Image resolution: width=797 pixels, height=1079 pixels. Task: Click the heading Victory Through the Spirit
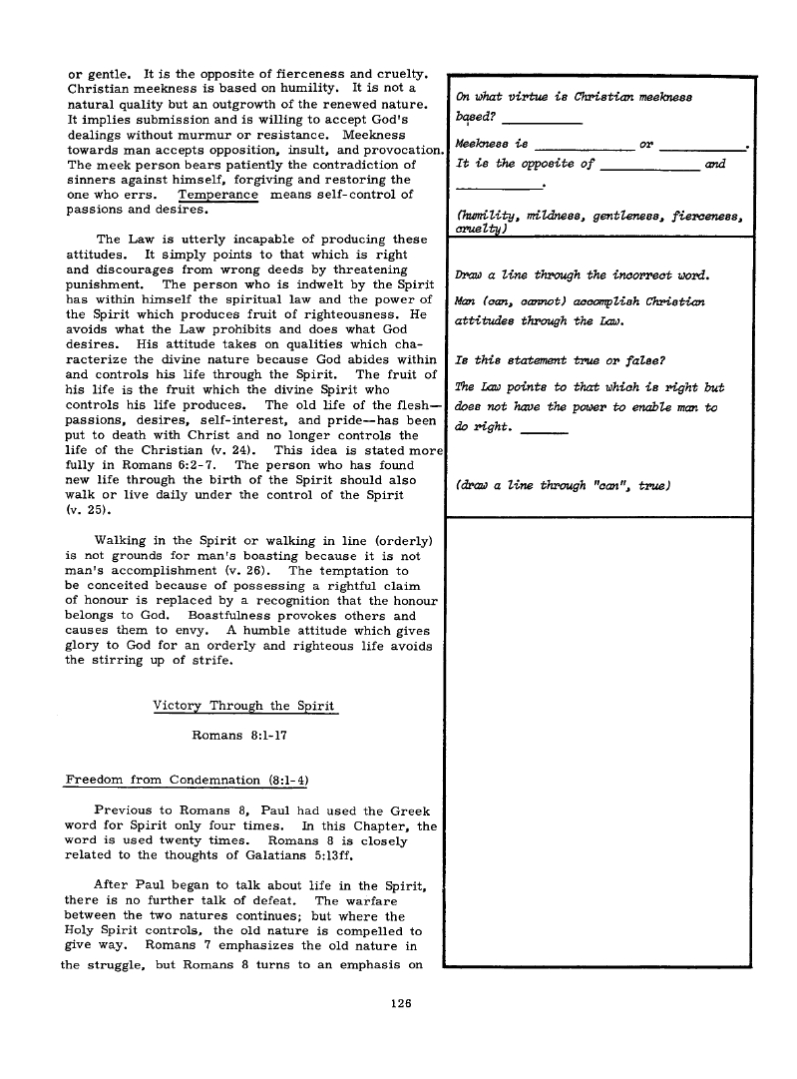pos(245,707)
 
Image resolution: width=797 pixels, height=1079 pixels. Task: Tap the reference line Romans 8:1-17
pos(244,740)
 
